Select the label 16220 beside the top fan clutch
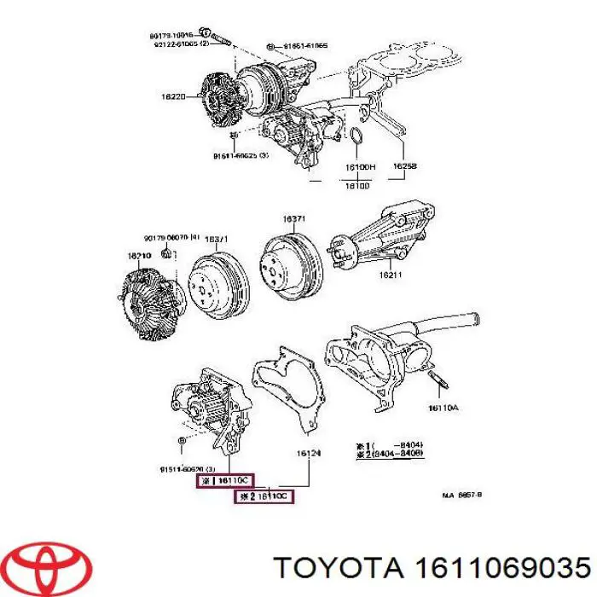coord(172,97)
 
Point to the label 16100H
coord(360,167)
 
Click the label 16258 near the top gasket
coord(403,167)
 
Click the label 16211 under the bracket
coord(390,275)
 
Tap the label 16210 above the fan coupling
coord(140,254)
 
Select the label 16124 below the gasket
coord(308,453)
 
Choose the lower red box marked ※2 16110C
coord(264,496)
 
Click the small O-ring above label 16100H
coord(359,137)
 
